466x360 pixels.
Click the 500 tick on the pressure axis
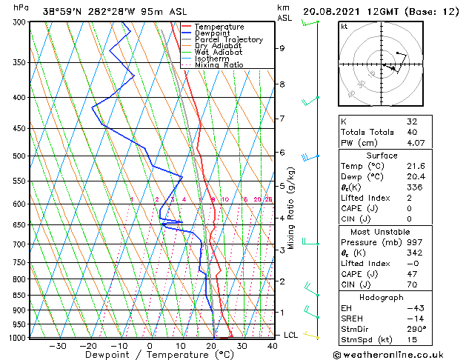click(x=19, y=156)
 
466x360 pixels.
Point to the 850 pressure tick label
click(x=19, y=296)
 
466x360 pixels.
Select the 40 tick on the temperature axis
click(x=272, y=345)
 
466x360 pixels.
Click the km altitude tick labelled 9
click(x=282, y=48)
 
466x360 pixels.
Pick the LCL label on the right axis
click(x=291, y=335)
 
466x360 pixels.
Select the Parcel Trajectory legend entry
click(x=228, y=40)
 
